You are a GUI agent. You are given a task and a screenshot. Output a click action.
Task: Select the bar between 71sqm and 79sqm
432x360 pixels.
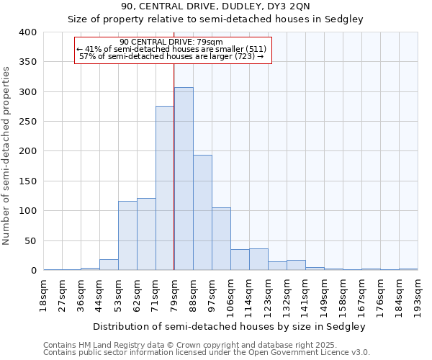point(165,188)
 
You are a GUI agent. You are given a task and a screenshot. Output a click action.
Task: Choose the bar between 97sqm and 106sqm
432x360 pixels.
point(221,238)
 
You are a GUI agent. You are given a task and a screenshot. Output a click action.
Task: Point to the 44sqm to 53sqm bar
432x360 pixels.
point(109,265)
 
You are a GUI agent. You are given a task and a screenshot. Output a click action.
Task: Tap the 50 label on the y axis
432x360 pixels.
point(30,241)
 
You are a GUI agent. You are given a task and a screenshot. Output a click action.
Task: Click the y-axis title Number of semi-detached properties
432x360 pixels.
point(7,155)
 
